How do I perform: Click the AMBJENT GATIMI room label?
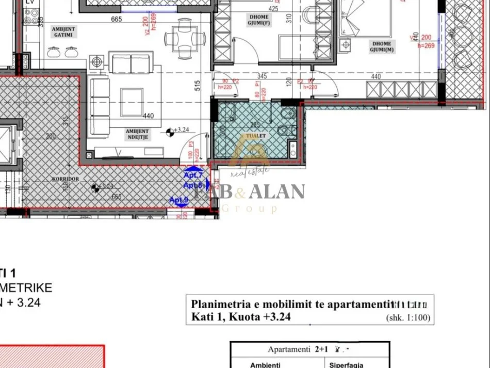pos(64,31)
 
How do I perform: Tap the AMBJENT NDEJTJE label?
pos(137,134)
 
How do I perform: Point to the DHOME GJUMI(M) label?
pos(381,47)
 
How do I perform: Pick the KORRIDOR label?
pos(65,178)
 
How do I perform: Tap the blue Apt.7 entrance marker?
pos(193,175)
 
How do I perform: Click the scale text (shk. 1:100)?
pos(408,317)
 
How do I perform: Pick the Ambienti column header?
pos(265,365)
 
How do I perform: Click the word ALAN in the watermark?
pos(277,191)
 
